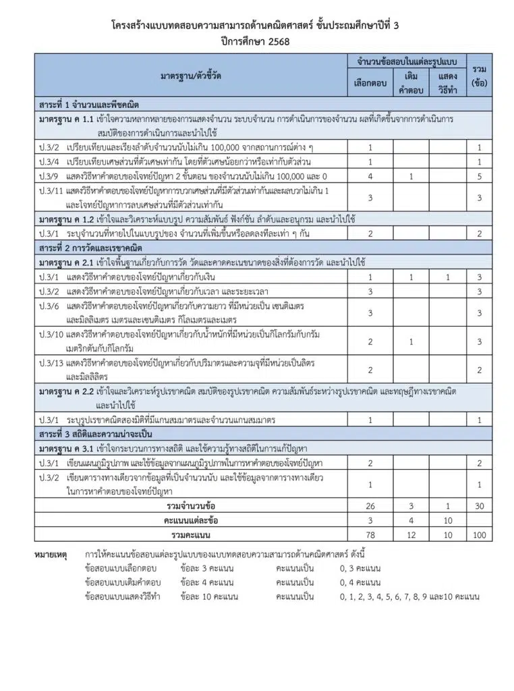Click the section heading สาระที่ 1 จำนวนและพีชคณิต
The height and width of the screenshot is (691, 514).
(89, 105)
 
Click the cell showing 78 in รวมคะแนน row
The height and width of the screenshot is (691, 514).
(370, 535)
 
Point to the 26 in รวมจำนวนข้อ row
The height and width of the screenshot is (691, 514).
(370, 505)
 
